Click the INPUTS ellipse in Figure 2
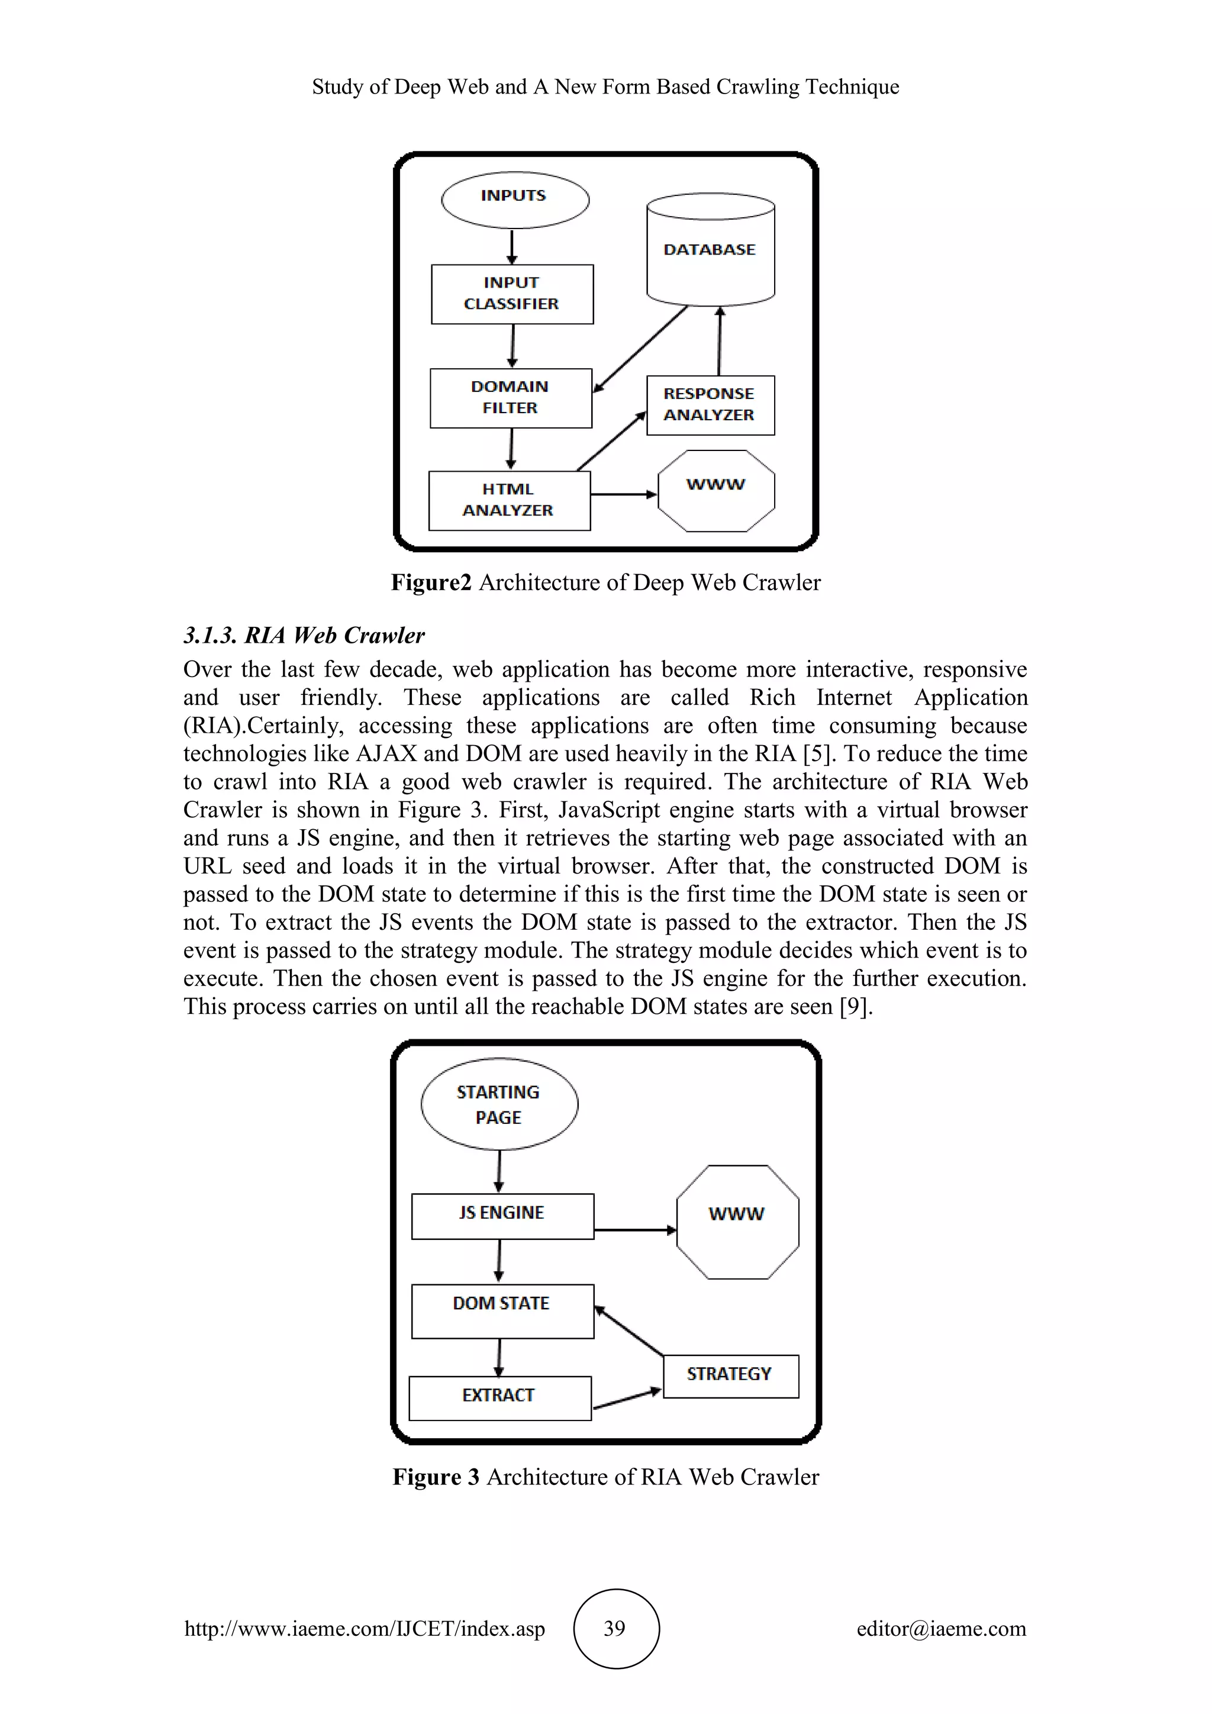[x=515, y=199]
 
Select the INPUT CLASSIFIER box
[x=512, y=294]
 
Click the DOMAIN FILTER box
[x=511, y=398]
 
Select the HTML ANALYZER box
[x=509, y=500]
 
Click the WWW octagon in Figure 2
[x=715, y=491]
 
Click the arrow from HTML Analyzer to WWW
[x=623, y=494]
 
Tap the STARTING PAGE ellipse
[x=499, y=1104]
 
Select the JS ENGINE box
[x=502, y=1216]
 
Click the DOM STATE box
[x=502, y=1311]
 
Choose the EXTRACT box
[x=499, y=1397]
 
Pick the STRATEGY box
[x=730, y=1376]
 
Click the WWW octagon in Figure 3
[x=737, y=1222]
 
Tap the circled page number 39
[x=615, y=1628]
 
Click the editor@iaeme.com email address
[x=941, y=1628]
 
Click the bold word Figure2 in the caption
[x=431, y=582]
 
